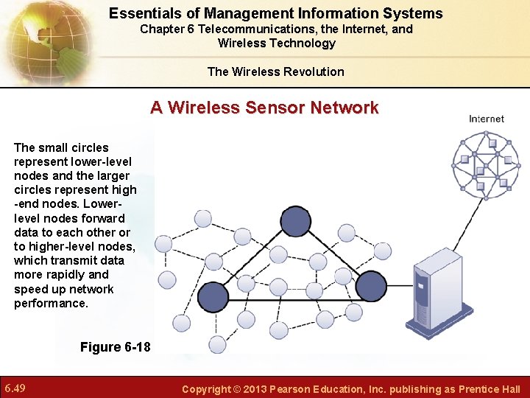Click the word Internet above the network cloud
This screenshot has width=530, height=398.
tap(486, 119)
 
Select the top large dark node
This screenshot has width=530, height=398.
tap(296, 220)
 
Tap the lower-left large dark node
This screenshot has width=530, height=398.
tap(213, 296)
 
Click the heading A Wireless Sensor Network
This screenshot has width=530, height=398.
tap(264, 108)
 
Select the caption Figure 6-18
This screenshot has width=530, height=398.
tap(115, 346)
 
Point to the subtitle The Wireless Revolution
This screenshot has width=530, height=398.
tap(275, 71)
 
